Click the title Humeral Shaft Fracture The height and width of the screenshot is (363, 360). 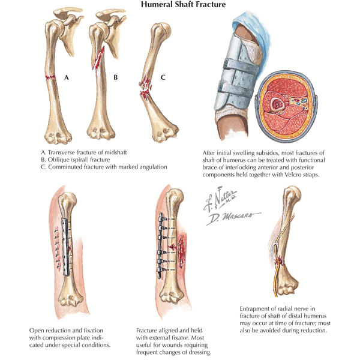tap(183, 4)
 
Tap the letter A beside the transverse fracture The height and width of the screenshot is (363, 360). tap(67, 77)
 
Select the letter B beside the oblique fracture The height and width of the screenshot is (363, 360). tap(115, 77)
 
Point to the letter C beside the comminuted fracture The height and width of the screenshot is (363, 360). tap(163, 77)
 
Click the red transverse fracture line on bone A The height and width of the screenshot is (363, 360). tap(50, 77)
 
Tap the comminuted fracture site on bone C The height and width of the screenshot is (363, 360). tap(145, 88)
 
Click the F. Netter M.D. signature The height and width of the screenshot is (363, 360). tap(220, 199)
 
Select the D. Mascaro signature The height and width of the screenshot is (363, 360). tap(233, 218)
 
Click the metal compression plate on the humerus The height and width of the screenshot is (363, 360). tap(66, 247)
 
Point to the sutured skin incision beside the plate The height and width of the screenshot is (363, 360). tap(58, 249)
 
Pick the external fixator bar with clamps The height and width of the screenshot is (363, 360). tap(160, 246)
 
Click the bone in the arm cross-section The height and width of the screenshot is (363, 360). tap(277, 104)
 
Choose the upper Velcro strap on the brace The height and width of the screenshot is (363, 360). tap(241, 67)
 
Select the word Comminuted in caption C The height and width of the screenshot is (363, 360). tap(64, 167)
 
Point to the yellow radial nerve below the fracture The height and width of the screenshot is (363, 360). tap(275, 278)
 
